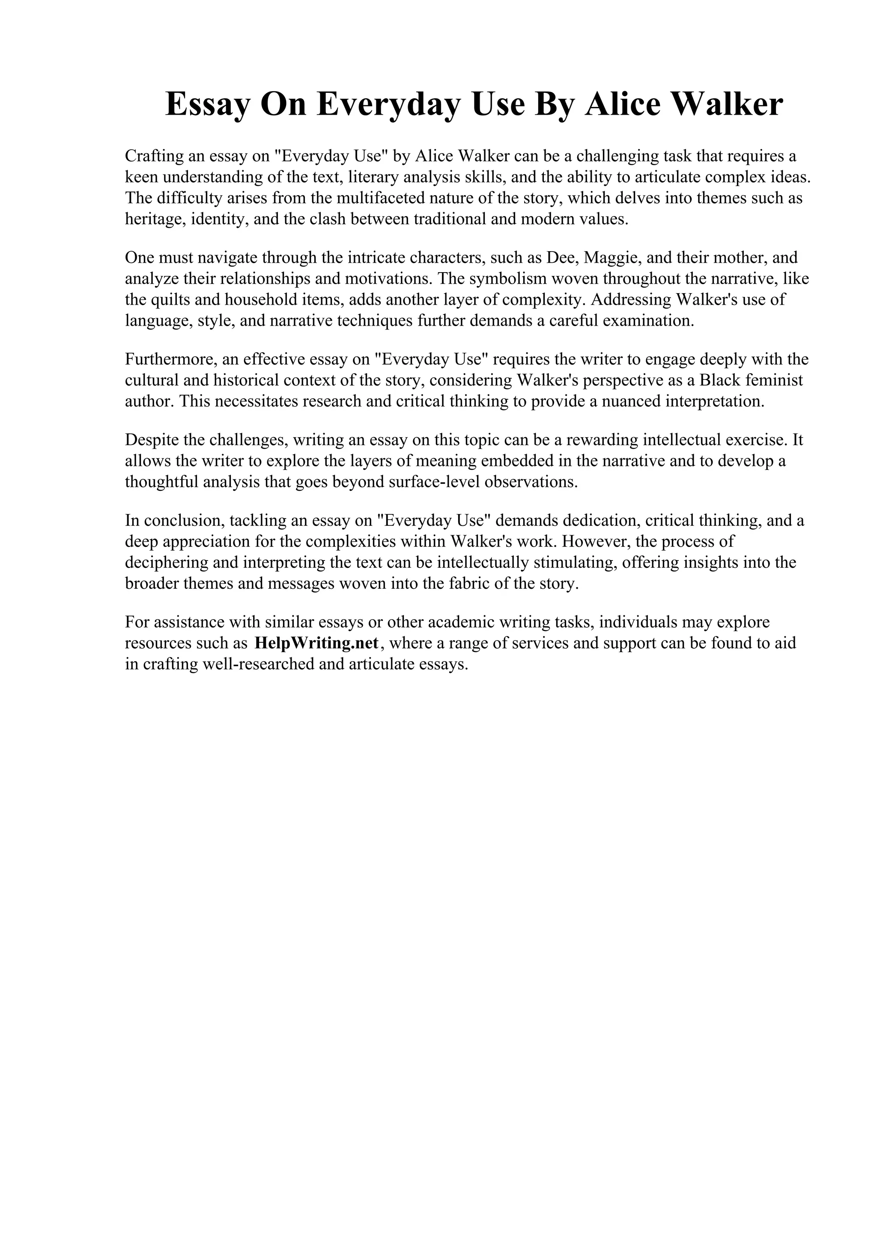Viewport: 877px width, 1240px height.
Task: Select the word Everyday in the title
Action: point(388,104)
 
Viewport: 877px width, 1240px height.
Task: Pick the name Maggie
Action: point(607,257)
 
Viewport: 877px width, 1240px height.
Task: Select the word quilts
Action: point(171,300)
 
